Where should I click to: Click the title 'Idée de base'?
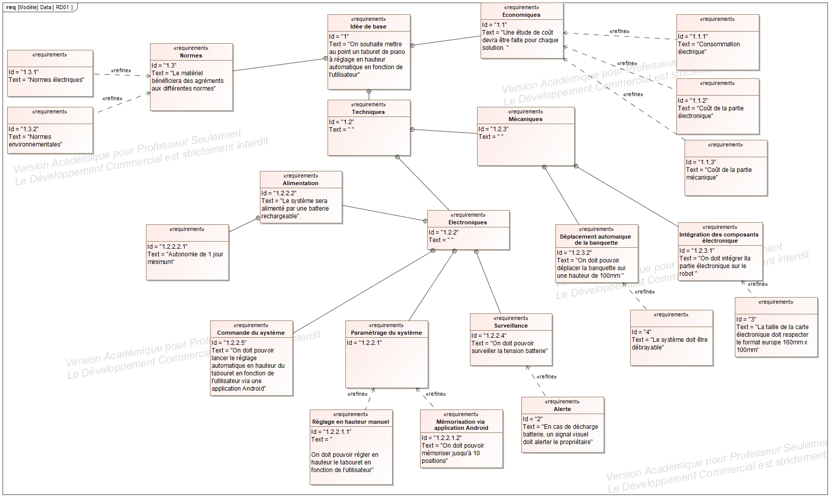coord(368,26)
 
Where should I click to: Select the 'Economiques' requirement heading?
coord(521,15)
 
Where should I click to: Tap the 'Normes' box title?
coord(191,55)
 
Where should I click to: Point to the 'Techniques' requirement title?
coord(368,112)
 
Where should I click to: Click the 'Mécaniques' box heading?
coord(525,119)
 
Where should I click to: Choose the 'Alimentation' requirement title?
coord(301,183)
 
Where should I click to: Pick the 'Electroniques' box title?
coord(467,222)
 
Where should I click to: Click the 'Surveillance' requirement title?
coord(511,326)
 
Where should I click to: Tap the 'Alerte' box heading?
coord(562,409)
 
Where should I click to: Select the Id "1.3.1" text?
coord(24,72)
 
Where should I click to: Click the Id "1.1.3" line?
coord(701,162)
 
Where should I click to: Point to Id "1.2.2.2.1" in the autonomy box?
coord(167,246)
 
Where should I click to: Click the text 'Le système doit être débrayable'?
coord(670,343)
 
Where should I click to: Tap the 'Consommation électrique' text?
coord(709,48)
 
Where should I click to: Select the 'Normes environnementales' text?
coord(35,140)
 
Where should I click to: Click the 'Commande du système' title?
coord(251,333)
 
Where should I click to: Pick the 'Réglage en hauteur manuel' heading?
coord(350,422)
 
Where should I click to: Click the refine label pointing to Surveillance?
coord(547,376)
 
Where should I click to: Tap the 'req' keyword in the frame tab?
coord(11,8)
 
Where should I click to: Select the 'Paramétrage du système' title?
coord(387,333)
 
